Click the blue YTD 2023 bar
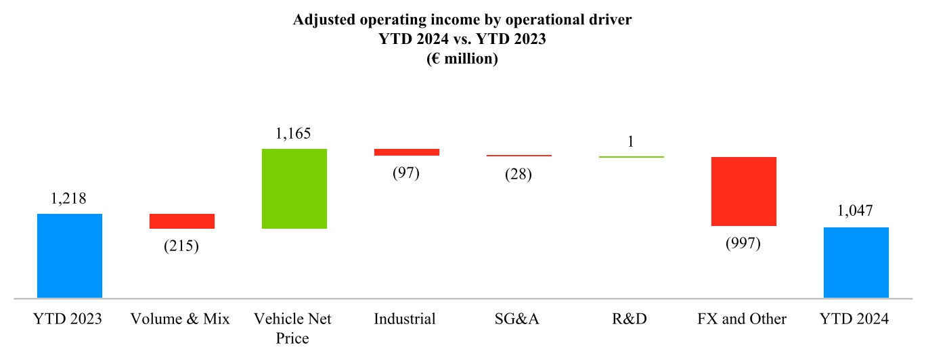(70, 255)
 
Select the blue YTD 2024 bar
(856, 262)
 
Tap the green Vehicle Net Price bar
(294, 188)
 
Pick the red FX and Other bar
(743, 191)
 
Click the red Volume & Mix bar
(182, 221)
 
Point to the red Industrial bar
(407, 152)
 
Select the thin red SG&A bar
(519, 156)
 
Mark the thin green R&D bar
(632, 157)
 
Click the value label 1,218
(69, 199)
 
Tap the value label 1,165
(293, 133)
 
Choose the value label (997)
(743, 243)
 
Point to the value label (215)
(181, 246)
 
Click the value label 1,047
(856, 212)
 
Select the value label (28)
(519, 175)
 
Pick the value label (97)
(406, 173)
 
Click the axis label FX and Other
(743, 319)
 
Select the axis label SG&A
(519, 319)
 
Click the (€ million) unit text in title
(462, 59)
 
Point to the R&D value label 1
(630, 141)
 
